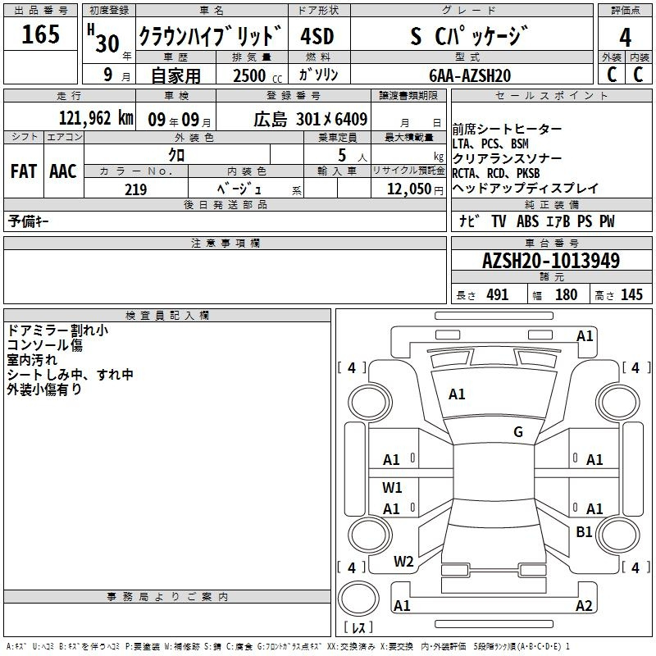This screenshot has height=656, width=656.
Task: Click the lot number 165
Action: [40, 34]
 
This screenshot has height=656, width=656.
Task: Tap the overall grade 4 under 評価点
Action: [625, 38]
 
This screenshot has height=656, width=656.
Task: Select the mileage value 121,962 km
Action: [96, 118]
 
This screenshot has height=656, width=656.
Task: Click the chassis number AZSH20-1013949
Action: [551, 260]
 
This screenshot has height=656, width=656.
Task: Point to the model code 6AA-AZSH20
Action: [470, 75]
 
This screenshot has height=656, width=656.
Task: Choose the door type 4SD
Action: [317, 36]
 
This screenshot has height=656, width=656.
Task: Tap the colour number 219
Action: [135, 189]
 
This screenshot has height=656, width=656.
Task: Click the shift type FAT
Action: [24, 171]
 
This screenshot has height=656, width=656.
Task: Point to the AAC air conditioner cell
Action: [63, 171]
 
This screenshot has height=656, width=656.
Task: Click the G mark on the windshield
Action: [518, 431]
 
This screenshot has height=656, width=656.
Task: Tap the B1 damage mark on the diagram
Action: [584, 531]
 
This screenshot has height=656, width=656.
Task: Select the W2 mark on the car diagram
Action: [403, 562]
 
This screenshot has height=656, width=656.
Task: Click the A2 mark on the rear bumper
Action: [584, 605]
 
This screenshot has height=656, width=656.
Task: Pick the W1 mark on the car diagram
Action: [392, 487]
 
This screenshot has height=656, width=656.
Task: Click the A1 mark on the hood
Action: [457, 394]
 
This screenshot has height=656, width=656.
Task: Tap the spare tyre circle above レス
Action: [358, 599]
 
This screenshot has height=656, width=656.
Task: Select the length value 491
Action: [498, 294]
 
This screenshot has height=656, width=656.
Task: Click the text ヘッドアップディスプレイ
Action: [526, 189]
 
